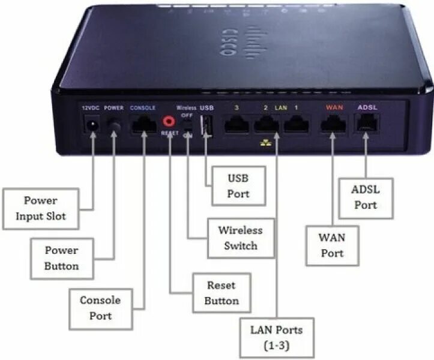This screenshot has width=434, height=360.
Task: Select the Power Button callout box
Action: pyautogui.click(x=61, y=257)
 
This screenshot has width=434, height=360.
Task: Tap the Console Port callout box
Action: pyautogui.click(x=100, y=307)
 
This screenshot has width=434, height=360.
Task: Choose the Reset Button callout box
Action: pyautogui.click(x=222, y=293)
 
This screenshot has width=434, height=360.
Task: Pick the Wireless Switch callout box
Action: pyautogui.click(x=240, y=238)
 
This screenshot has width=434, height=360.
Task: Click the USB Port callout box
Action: pyautogui.click(x=237, y=186)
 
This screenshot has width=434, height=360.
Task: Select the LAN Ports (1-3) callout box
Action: pyautogui.click(x=276, y=338)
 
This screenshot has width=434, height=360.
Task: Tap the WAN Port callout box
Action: pyautogui.click(x=332, y=245)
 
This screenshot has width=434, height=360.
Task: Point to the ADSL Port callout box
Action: pyautogui.click(x=366, y=197)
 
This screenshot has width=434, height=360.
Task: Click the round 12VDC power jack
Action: pyautogui.click(x=93, y=126)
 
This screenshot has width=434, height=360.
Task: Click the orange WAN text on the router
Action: pyautogui.click(x=334, y=107)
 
